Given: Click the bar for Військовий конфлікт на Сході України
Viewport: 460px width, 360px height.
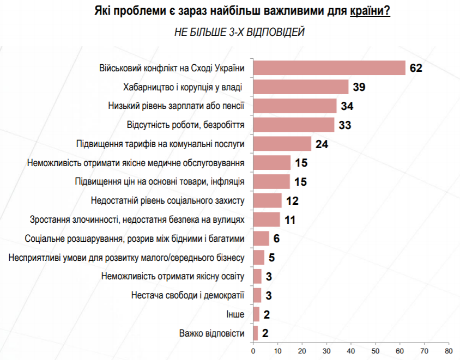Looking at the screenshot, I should [329, 68].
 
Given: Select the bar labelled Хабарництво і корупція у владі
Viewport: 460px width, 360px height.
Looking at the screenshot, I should [301, 87].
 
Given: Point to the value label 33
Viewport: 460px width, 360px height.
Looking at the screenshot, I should [346, 125].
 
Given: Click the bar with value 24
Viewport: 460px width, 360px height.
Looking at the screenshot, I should [282, 144].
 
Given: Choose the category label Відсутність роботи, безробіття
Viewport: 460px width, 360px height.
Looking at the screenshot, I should [185, 125].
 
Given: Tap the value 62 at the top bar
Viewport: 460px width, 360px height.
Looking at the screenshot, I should [417, 68].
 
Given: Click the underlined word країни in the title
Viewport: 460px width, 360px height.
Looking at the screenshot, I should [370, 11].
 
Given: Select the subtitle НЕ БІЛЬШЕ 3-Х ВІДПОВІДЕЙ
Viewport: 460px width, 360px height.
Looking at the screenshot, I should [239, 32].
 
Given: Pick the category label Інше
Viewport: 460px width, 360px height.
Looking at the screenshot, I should [235, 314].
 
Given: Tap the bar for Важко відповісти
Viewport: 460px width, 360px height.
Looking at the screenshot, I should [256, 333].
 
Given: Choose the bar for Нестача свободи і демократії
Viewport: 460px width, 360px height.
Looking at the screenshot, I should [257, 295].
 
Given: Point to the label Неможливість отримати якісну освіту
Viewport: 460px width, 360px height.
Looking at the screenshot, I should [173, 276].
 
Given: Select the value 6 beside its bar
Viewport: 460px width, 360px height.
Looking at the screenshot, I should [276, 239].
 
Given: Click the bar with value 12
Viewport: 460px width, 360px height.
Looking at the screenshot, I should [268, 200].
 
